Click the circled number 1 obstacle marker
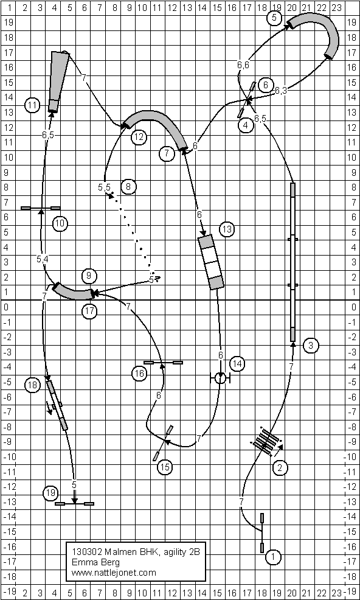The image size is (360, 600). tap(273, 557)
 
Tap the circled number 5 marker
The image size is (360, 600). tap(274, 18)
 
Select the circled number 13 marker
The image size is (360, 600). tap(227, 229)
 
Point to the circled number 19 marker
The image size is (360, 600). tap(50, 492)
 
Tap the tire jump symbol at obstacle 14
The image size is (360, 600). tap(220, 378)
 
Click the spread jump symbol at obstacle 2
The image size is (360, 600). tap(267, 442)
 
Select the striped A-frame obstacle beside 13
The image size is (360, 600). tap(211, 262)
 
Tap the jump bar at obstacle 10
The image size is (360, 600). tap(40, 208)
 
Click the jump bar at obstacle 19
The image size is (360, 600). tap(75, 504)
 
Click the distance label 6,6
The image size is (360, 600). tap(243, 66)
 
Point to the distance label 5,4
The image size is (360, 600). tap(42, 259)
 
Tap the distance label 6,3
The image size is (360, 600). tap(281, 91)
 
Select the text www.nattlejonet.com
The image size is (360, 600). tap(114, 573)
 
